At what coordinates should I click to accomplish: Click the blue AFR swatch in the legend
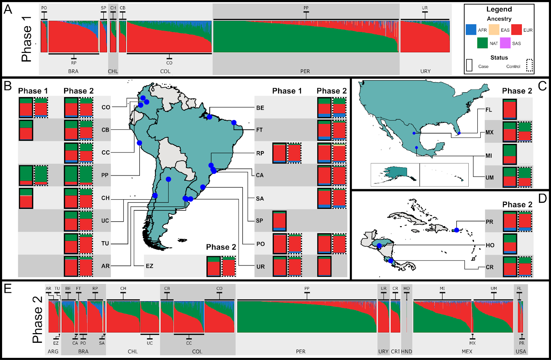point(471,30)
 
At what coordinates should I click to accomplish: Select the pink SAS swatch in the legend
point(505,43)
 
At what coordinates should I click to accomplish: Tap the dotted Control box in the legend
point(530,65)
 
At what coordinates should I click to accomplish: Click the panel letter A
point(8,9)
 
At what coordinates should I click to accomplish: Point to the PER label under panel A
point(305,71)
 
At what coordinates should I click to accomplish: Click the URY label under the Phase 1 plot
point(425,71)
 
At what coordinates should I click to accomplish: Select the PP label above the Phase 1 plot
point(306,8)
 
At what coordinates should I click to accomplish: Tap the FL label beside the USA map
point(489,110)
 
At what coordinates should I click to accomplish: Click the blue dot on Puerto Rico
point(457,230)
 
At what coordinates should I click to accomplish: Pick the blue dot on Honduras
point(379,246)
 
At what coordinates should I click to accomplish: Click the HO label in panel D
point(490,245)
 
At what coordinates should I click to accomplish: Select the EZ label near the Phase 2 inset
point(149,266)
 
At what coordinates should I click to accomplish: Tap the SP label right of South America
point(260,221)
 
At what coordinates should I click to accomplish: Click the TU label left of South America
point(105,243)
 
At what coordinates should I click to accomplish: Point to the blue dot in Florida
point(459,133)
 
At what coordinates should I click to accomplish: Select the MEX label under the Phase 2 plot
point(467,351)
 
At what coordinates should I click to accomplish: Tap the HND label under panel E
point(407,351)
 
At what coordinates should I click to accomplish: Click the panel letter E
point(8,288)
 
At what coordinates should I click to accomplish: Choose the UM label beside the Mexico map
point(489,178)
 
